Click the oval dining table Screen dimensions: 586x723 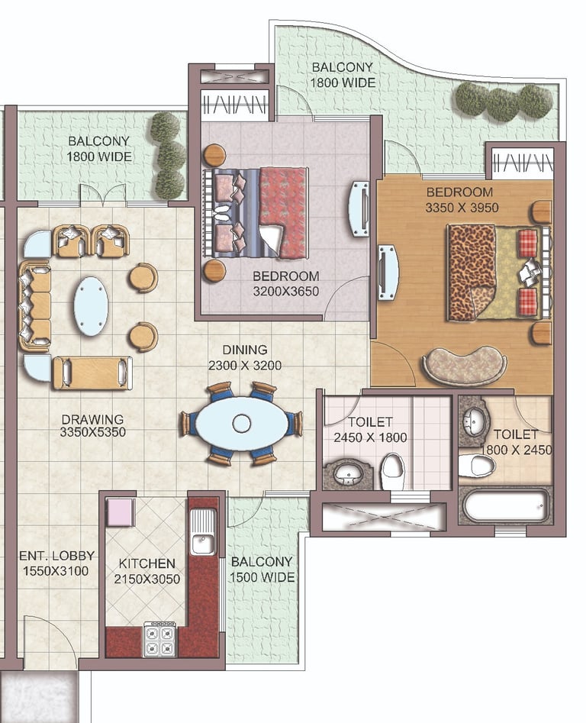pyautogui.click(x=242, y=423)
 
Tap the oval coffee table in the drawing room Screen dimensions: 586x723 pyautogui.click(x=92, y=305)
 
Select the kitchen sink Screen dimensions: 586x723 pyautogui.click(x=203, y=531)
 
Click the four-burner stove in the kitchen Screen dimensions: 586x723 pyautogui.click(x=160, y=639)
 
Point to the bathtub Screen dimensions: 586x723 pyautogui.click(x=506, y=506)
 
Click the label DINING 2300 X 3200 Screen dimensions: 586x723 pyautogui.click(x=245, y=357)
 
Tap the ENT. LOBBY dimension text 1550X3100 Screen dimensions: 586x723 pyautogui.click(x=56, y=571)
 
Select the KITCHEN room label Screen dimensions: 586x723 pyautogui.click(x=147, y=563)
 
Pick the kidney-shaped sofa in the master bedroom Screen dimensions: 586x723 pyautogui.click(x=465, y=366)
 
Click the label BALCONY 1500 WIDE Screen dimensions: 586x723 pyautogui.click(x=262, y=570)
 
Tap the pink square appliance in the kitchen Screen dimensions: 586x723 pyautogui.click(x=121, y=512)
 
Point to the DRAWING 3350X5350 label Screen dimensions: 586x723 pyautogui.click(x=93, y=425)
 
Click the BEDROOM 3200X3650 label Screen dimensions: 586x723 pyautogui.click(x=285, y=283)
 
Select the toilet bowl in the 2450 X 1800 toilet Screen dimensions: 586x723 pyautogui.click(x=392, y=471)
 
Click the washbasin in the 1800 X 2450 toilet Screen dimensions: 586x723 pyautogui.click(x=475, y=421)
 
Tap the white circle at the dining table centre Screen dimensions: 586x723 pyautogui.click(x=241, y=423)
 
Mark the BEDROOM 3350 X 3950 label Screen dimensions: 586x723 pyautogui.click(x=462, y=200)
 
